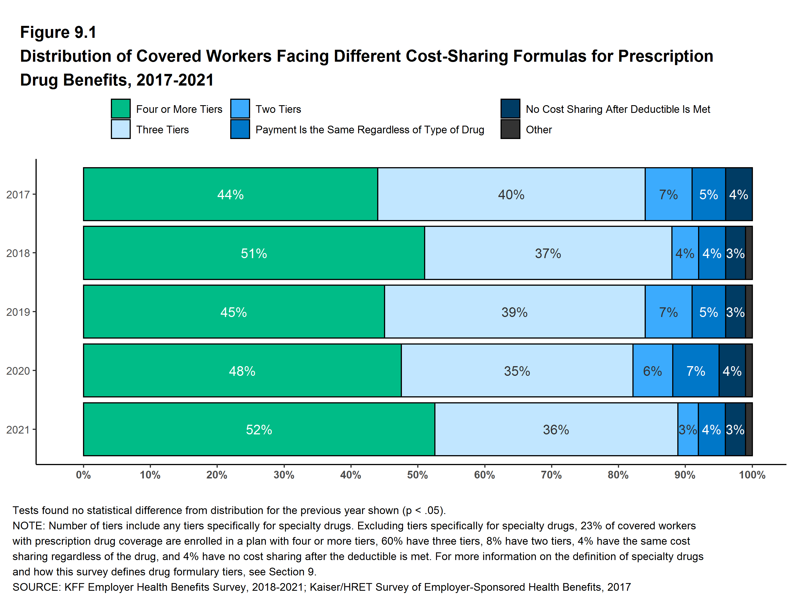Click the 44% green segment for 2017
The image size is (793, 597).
point(231,194)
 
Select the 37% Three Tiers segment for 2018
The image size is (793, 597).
point(548,253)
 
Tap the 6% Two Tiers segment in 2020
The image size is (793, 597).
point(653,371)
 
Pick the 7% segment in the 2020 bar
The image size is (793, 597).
point(696,371)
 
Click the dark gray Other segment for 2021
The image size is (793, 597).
point(749,429)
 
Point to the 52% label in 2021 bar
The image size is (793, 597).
point(259,430)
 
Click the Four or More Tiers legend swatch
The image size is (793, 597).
point(121,109)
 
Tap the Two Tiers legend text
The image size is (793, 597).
point(278,109)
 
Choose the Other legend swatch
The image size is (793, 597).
point(510,129)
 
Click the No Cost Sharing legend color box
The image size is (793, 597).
point(510,109)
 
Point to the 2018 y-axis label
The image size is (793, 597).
point(18,253)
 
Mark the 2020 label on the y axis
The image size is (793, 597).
point(18,371)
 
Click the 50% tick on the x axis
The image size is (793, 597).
point(417,475)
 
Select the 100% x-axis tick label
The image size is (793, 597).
point(752,475)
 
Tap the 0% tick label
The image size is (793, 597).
point(83,475)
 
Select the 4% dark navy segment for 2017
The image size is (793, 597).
point(738,194)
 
